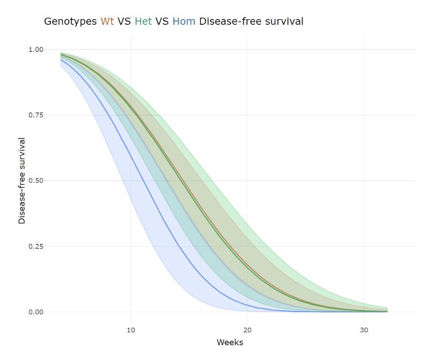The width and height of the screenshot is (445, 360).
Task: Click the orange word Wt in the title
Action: coord(107,21)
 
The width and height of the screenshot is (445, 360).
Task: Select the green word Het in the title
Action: coord(143,21)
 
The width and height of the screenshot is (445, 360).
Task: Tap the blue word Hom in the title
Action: coord(184,21)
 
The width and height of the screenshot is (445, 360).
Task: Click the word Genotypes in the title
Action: coord(70,21)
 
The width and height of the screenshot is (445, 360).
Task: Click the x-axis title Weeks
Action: coord(230,342)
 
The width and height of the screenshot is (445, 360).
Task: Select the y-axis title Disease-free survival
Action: coord(22,180)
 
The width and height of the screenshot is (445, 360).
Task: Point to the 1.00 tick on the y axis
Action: coord(36,50)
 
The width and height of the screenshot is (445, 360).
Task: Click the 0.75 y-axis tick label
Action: coord(36,115)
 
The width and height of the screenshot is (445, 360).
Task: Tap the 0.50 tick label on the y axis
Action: coord(36,181)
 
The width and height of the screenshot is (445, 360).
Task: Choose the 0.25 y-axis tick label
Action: coord(36,247)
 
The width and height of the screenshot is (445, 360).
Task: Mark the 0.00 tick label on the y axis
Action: coord(36,312)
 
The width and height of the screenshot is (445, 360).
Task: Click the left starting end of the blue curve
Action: coord(61,60)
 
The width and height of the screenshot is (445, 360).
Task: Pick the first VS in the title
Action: coord(125,21)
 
